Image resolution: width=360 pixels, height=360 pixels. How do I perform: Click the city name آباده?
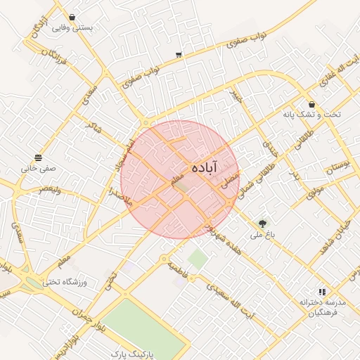click(x=214, y=166)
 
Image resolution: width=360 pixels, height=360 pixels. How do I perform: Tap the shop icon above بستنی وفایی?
click(x=73, y=17)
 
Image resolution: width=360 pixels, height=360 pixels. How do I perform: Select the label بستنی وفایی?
click(x=73, y=28)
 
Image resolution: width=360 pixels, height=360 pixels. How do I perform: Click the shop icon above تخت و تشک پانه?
click(x=311, y=104)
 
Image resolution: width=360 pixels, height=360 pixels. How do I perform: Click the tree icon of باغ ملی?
click(x=263, y=224)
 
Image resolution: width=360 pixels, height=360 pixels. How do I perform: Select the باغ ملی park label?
click(x=263, y=235)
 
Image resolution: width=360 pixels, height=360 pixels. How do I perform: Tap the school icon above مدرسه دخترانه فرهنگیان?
click(x=322, y=291)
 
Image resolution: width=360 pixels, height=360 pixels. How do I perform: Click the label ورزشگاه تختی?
click(x=64, y=282)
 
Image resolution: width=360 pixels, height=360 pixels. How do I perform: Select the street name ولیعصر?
click(x=53, y=189)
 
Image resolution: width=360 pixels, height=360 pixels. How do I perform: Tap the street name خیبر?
click(x=237, y=95)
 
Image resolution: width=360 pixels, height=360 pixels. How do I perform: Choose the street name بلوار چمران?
click(x=83, y=309)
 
